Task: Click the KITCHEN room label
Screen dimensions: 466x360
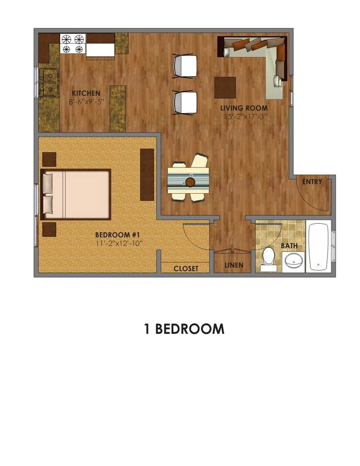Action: (86, 93)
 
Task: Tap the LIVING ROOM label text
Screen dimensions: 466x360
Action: (244, 108)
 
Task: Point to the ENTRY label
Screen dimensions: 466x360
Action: (312, 182)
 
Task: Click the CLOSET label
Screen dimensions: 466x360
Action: (186, 268)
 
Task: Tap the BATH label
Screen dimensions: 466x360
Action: (290, 246)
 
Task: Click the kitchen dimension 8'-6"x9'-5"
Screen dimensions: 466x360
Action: (86, 102)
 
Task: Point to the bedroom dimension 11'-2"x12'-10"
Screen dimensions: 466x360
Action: (119, 243)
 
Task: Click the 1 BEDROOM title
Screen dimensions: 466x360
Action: (184, 329)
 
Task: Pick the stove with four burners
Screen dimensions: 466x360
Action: (73, 44)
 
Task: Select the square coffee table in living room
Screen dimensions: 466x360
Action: (225, 88)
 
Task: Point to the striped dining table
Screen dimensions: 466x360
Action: (189, 181)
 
